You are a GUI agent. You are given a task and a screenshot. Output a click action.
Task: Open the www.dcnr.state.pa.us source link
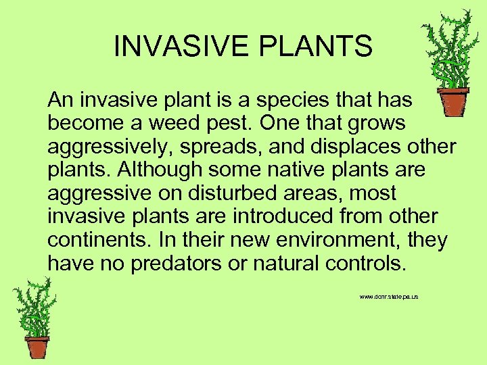click(389, 297)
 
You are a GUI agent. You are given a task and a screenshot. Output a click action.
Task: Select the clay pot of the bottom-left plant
click(37, 347)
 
